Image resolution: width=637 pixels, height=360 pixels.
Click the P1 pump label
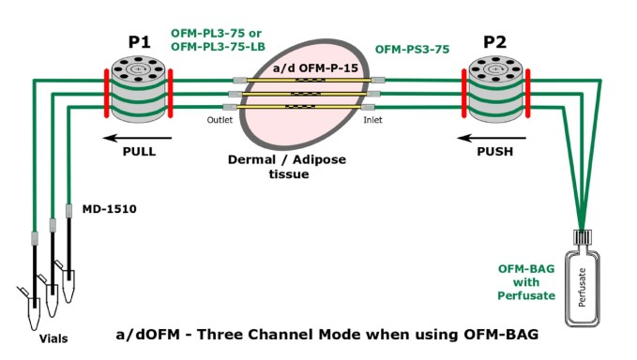point(139,43)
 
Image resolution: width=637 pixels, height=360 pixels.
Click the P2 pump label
point(494,42)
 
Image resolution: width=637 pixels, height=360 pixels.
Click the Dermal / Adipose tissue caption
point(287,166)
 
